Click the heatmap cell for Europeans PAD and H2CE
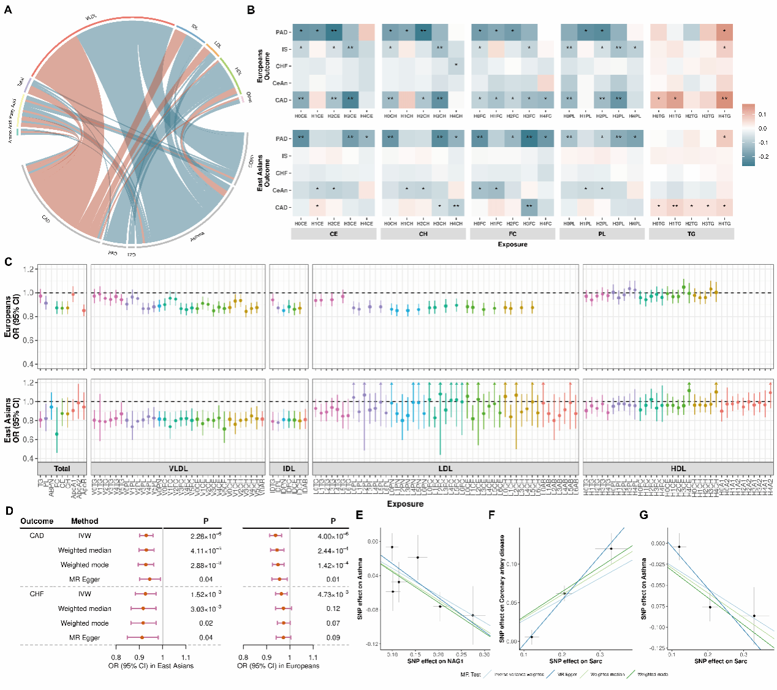(x=334, y=32)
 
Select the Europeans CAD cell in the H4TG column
(x=724, y=100)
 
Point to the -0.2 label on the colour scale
(x=762, y=157)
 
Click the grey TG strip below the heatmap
(x=691, y=233)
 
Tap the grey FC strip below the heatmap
(x=512, y=233)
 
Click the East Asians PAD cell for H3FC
(x=529, y=138)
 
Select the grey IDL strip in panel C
(x=289, y=469)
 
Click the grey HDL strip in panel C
(x=678, y=469)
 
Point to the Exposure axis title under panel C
(x=405, y=504)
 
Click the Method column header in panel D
(x=85, y=521)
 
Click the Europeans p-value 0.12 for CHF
(x=333, y=608)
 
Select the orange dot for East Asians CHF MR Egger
(x=142, y=637)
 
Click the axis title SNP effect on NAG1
(x=436, y=661)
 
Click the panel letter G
(x=643, y=515)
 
